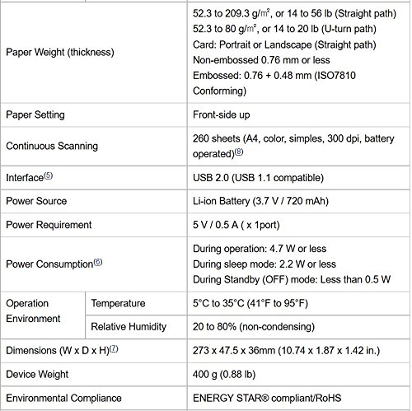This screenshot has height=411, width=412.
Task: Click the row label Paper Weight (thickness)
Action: (59, 53)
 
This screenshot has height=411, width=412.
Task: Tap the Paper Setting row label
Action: (35, 114)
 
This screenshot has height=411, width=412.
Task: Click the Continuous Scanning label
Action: (51, 146)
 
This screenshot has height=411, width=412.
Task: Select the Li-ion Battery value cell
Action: (267, 201)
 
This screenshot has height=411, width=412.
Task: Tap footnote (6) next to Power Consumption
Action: (99, 263)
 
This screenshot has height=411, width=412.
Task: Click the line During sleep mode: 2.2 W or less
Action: (264, 264)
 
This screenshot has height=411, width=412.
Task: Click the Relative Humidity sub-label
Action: (130, 326)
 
